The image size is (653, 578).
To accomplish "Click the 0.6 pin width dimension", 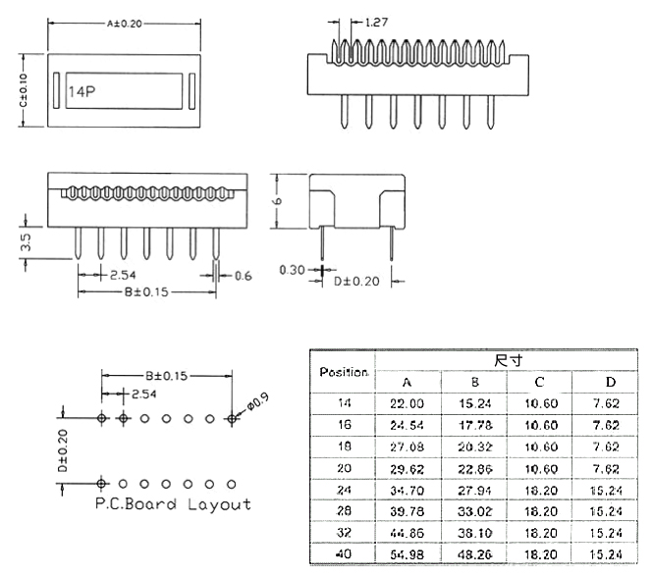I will pyautogui.click(x=243, y=277).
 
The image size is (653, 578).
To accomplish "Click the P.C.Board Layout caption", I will pyautogui.click(x=173, y=504).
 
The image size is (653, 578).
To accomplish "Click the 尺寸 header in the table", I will pyautogui.click(x=507, y=360).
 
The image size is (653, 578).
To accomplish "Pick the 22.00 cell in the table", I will pyautogui.click(x=408, y=403).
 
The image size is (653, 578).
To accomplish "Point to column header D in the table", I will pyautogui.click(x=611, y=382).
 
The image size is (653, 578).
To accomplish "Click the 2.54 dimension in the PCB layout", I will pyautogui.click(x=142, y=394).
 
